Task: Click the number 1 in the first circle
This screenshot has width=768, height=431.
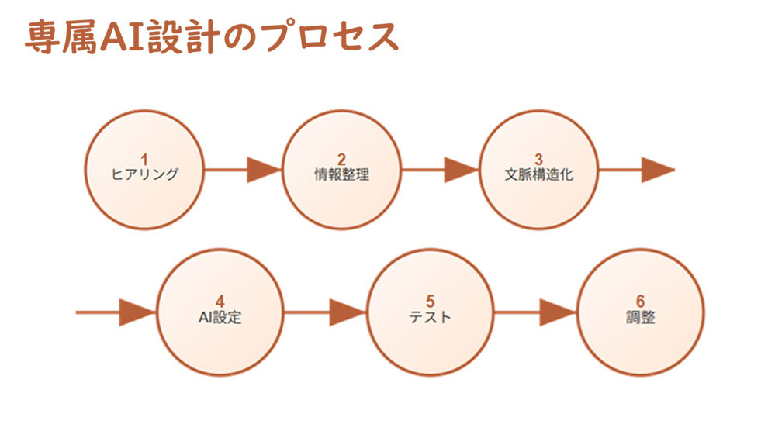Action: pos(144,160)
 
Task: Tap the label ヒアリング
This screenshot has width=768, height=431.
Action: pos(144,174)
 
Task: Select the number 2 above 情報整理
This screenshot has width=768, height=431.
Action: pos(342,160)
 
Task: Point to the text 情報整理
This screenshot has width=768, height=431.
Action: pos(342,174)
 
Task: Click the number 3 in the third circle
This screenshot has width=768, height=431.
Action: pos(539,160)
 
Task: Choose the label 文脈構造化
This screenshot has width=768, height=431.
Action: pos(539,174)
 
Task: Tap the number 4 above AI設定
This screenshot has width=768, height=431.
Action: pos(220,302)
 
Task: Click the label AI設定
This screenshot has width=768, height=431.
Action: pos(220,317)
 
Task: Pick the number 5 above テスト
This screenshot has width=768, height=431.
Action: pos(431,302)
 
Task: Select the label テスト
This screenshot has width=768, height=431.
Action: pos(430,317)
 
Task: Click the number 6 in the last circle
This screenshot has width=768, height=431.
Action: pos(641,302)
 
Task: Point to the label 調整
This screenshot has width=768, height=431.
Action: pos(641,317)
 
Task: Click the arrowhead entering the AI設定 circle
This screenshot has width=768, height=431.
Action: pos(138,312)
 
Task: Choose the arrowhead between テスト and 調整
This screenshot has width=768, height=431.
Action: pos(559,312)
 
